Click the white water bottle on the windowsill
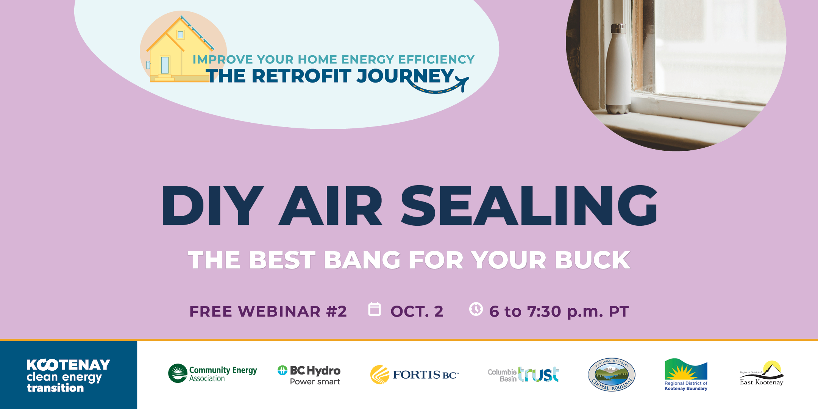[x=618, y=68]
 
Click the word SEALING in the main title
[x=529, y=205]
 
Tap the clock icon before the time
[x=476, y=309]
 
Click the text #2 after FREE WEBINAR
[x=336, y=311]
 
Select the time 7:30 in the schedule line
[x=544, y=311]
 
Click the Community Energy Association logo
[x=212, y=373]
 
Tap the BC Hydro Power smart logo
[x=309, y=375]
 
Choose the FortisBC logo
[x=414, y=375]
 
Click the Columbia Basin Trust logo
[x=523, y=374]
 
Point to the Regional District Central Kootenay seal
[x=612, y=375]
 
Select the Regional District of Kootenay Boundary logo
[x=686, y=375]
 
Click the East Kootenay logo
[x=762, y=373]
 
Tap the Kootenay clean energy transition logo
[x=68, y=375]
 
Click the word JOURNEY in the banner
[x=406, y=76]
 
